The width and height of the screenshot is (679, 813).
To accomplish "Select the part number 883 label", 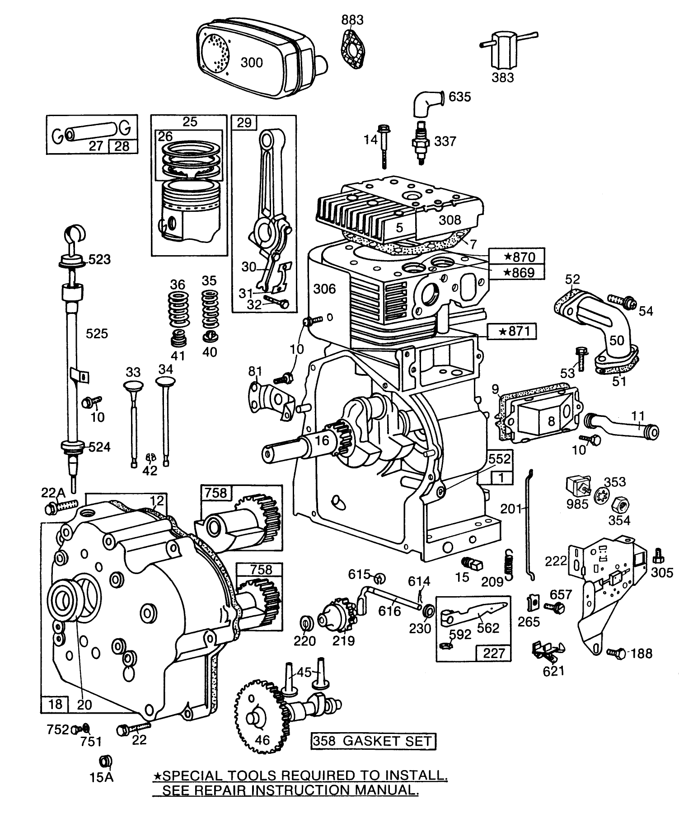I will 352,20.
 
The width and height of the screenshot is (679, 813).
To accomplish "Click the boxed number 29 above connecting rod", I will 244,122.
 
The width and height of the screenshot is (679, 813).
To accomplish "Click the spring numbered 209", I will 509,565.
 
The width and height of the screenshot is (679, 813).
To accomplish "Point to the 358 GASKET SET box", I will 373,741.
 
